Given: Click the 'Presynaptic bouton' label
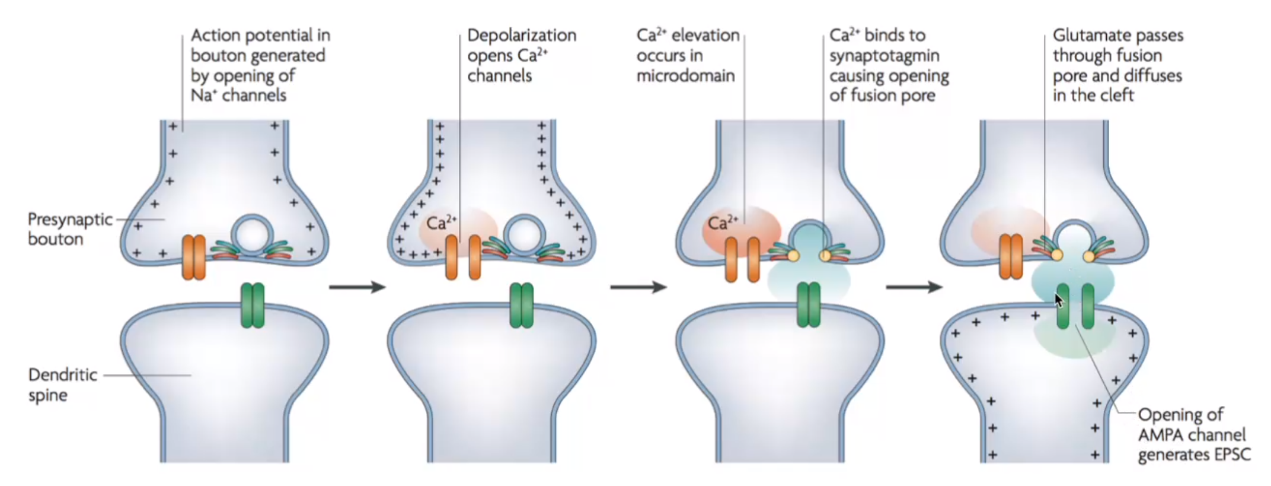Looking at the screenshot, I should pos(70,229).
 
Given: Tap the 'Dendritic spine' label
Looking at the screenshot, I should pos(63,385).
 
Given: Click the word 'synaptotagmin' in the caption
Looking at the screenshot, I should pos(884,56).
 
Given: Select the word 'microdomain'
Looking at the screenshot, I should pos(685,76).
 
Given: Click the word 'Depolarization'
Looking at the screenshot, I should pos(522,36).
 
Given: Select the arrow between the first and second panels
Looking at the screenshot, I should pos(357,287).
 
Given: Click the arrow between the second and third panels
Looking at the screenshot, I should pos(638,287).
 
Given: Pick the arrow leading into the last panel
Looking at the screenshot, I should pos(914,287).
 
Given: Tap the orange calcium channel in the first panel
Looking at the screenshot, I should pos(194,257).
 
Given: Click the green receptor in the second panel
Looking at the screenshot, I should pos(522,306).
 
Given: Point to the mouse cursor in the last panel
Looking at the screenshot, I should pos(1059,300).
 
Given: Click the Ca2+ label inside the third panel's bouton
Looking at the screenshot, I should pos(723,223).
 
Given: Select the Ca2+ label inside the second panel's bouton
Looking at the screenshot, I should pos(442,223).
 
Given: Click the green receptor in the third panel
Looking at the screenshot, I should pos(809,306).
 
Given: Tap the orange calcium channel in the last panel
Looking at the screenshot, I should pos(1010,257).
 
